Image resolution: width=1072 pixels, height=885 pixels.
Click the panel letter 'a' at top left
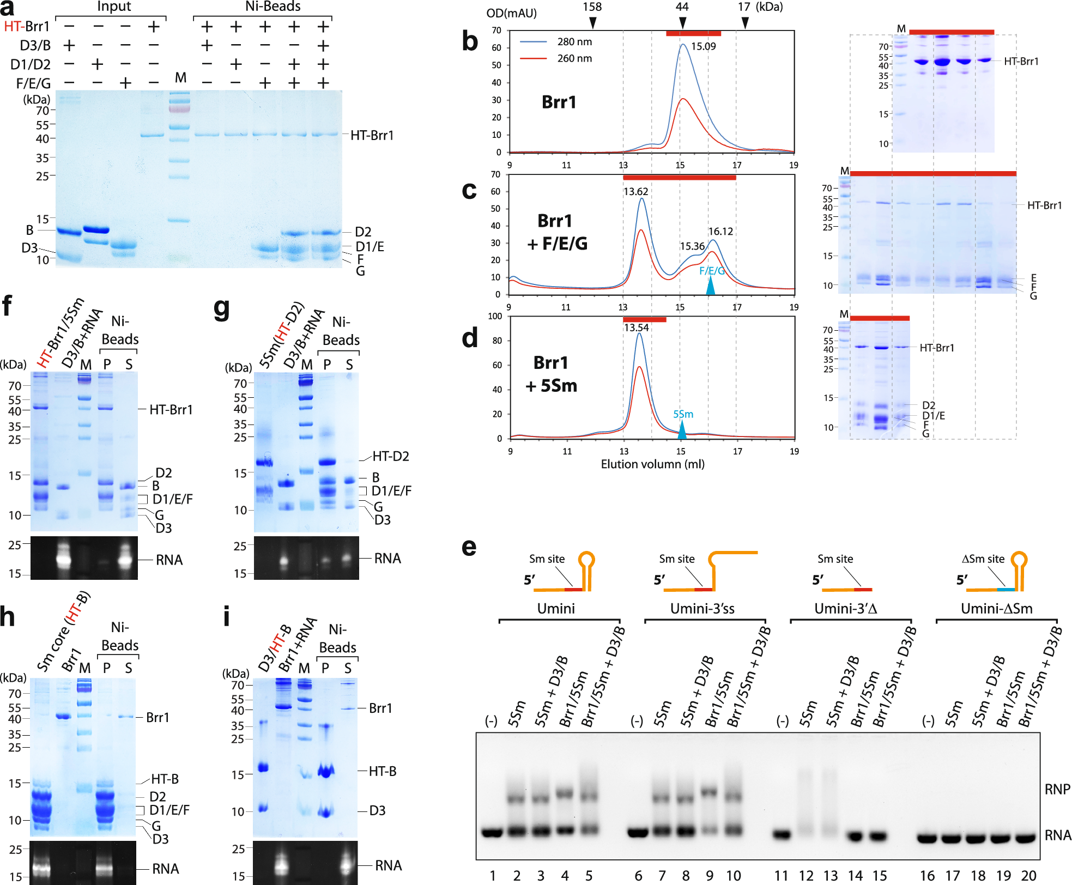point(8,9)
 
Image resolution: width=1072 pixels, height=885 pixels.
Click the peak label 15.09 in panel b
point(703,47)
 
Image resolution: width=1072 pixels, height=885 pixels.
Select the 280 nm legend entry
point(574,42)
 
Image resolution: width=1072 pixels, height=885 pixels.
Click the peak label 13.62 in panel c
point(635,192)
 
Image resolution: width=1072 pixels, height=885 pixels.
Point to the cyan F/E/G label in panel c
point(712,271)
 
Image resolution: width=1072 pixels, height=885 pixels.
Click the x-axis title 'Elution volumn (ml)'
point(652,464)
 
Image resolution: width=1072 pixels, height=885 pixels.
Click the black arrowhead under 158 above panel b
point(593,23)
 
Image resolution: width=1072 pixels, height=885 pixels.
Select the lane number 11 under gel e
point(781,875)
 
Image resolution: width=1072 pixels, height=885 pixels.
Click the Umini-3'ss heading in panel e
point(702,609)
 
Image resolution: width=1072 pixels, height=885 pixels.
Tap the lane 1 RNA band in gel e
point(492,833)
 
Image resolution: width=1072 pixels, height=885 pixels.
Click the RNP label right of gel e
point(1057,789)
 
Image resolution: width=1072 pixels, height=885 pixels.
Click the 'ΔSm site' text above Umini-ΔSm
point(983,559)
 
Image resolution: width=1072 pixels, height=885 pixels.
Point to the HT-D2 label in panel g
point(390,456)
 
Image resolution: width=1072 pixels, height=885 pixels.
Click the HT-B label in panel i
point(383,771)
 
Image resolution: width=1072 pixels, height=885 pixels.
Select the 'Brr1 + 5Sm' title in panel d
point(551,374)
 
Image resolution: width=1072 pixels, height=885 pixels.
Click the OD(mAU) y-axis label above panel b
point(511,13)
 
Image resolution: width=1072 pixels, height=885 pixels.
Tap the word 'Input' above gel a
point(114,7)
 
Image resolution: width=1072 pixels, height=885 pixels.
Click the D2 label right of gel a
point(363,232)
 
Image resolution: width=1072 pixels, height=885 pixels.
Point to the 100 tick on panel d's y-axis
point(495,316)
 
